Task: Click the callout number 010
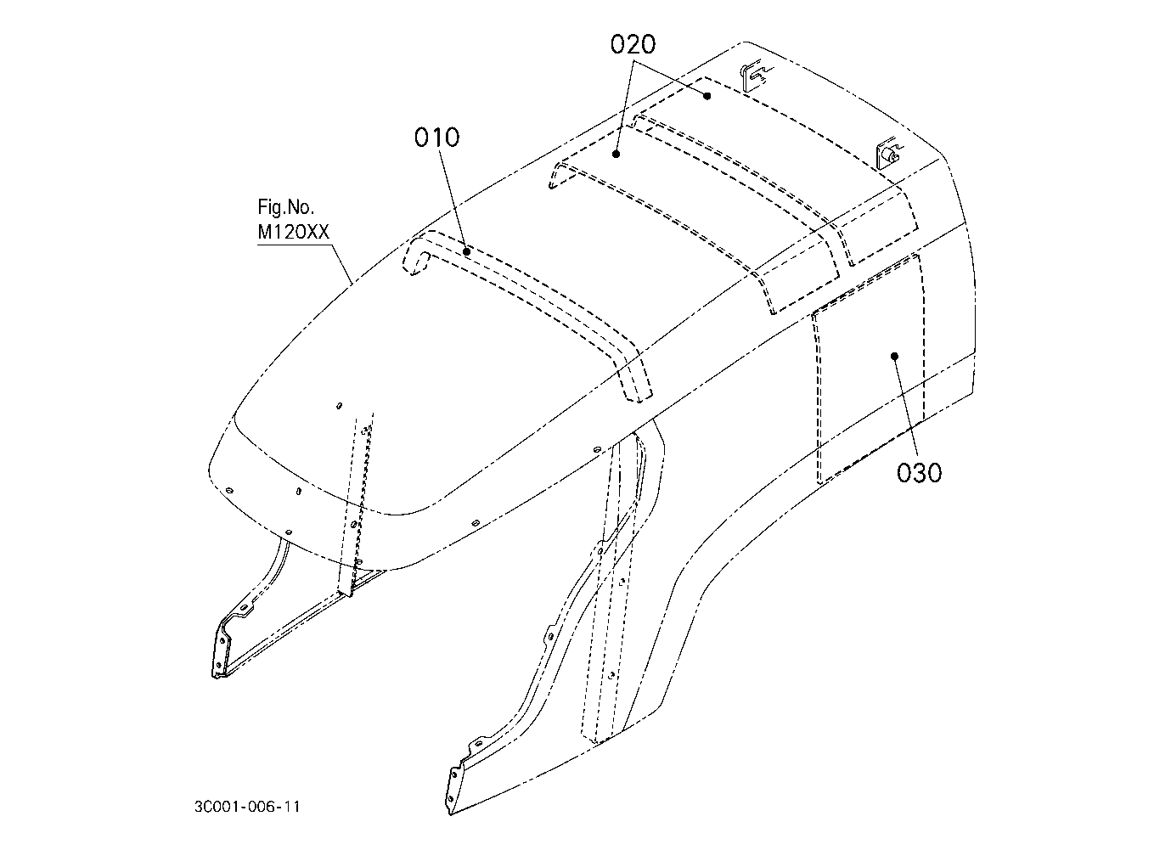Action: [x=436, y=138]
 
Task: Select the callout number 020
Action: [x=633, y=45]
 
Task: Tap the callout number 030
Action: [x=919, y=473]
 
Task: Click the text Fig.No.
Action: [x=286, y=207]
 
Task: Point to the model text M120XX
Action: [x=293, y=232]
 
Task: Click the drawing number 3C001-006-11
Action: [x=247, y=807]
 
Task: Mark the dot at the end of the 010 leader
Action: [x=467, y=252]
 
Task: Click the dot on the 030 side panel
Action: [x=894, y=357]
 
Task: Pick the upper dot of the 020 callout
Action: [x=707, y=96]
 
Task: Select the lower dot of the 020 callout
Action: [x=616, y=155]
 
